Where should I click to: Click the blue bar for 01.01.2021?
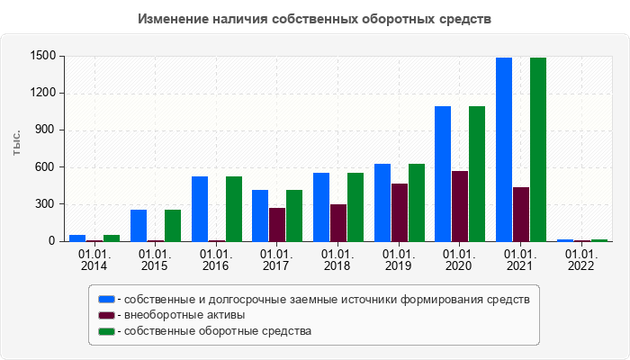click(x=504, y=149)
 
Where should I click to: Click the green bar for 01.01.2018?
click(x=355, y=207)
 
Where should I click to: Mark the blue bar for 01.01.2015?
click(x=139, y=225)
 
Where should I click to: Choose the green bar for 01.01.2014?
click(x=112, y=238)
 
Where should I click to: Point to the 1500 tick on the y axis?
click(x=43, y=56)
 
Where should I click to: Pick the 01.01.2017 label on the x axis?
click(x=276, y=260)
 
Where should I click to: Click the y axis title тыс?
click(x=16, y=142)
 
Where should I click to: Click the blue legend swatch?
click(x=107, y=299)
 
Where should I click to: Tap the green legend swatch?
click(x=107, y=331)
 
